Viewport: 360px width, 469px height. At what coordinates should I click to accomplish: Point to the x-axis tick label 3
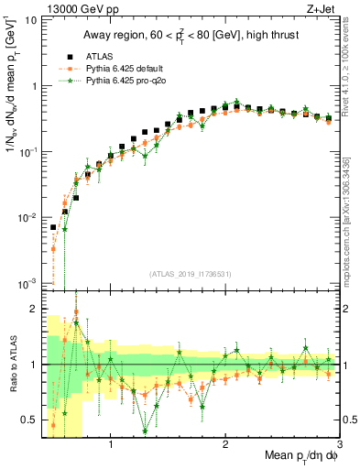pyautogui.click(x=339, y=445)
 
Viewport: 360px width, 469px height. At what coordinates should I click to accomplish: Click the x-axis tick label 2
pyautogui.click(x=225, y=445)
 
